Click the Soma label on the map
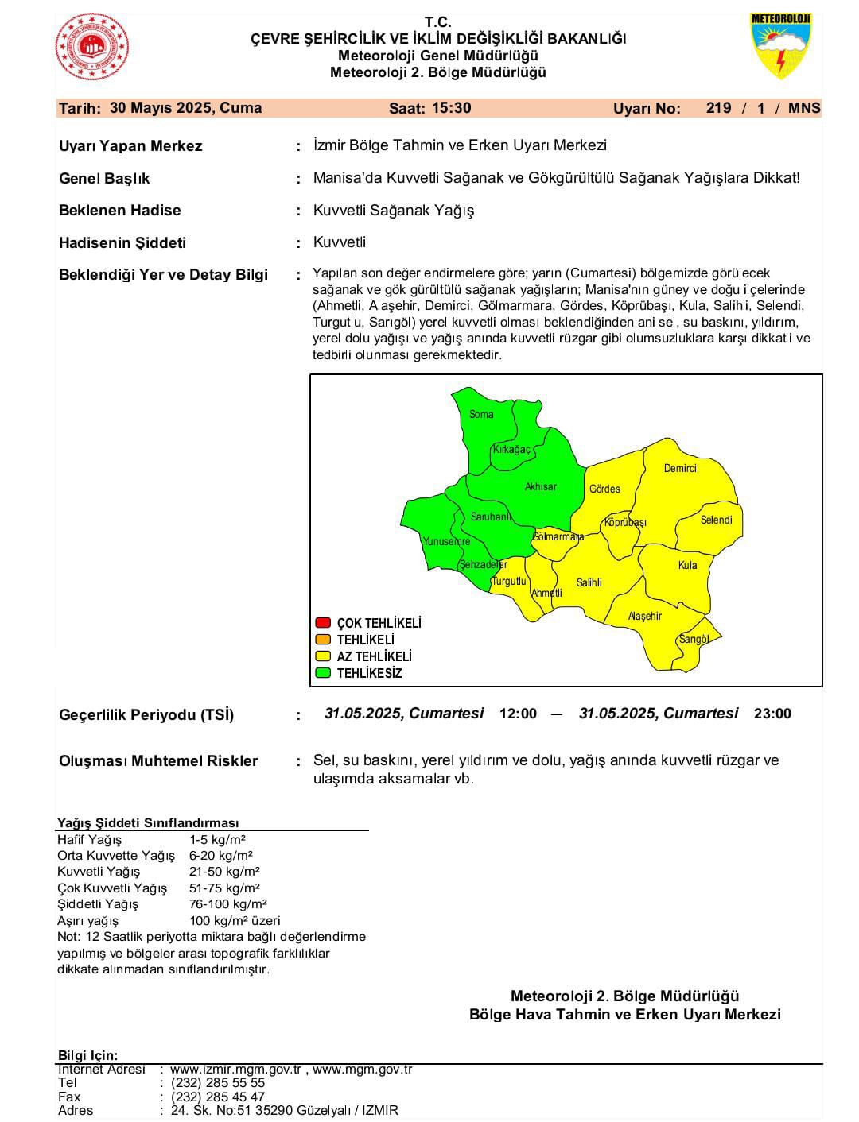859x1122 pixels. pos(481,414)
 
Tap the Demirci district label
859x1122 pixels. pos(680,468)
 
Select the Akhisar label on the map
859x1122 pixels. pos(541,486)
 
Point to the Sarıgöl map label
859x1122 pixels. pos(694,639)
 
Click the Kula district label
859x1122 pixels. pos(687,565)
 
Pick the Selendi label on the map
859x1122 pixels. pos(716,520)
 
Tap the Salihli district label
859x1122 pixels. pos(589,582)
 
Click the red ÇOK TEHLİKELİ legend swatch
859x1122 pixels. pos(323,623)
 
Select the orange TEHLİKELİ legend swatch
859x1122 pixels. pos(323,640)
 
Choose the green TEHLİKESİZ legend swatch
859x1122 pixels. pos(323,673)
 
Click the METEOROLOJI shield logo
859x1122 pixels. pos(780,46)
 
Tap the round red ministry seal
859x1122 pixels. pos(91,47)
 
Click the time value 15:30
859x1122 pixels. pos(452,108)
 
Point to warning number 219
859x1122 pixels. pos(718,108)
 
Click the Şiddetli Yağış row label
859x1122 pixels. pos(98,904)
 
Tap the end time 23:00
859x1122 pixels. pos(772,714)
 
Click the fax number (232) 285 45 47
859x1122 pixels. pos(217,1097)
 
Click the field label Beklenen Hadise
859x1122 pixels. pos(120,211)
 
